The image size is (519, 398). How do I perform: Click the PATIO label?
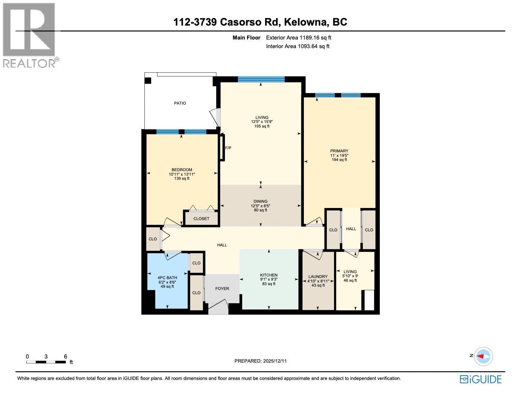pyautogui.click(x=180, y=103)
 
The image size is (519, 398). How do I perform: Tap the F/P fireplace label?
pyautogui.click(x=228, y=148)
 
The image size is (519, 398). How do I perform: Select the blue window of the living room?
pyautogui.click(x=261, y=79)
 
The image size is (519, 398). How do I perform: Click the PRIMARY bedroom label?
pyautogui.click(x=339, y=151)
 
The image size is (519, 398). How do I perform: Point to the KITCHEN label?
pyautogui.click(x=269, y=275)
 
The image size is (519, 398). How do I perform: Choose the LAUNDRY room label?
pyautogui.click(x=318, y=276)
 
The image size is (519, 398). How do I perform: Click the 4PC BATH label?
pyautogui.click(x=167, y=278)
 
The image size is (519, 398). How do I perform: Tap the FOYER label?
pyautogui.click(x=222, y=289)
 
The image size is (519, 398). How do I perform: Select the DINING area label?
pyautogui.click(x=260, y=201)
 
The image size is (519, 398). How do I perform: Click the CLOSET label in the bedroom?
pyautogui.click(x=201, y=219)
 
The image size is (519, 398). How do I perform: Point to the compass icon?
pyautogui.click(x=483, y=356)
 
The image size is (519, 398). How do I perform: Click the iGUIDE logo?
pyautogui.click(x=481, y=379)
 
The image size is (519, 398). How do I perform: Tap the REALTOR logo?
pyautogui.click(x=30, y=36)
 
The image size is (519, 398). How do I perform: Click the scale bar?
pyautogui.click(x=46, y=362)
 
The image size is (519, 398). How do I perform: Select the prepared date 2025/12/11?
pyautogui.click(x=260, y=361)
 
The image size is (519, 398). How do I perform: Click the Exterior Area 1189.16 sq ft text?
pyautogui.click(x=298, y=38)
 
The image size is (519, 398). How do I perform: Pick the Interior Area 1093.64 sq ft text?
pyautogui.click(x=297, y=46)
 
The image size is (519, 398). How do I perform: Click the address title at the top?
pyautogui.click(x=260, y=22)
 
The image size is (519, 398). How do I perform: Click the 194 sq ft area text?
pyautogui.click(x=339, y=160)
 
